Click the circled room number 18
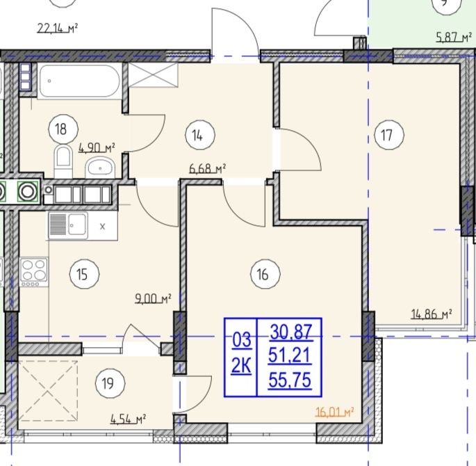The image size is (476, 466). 63,129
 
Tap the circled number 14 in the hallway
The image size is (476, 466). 199,134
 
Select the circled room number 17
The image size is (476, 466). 389,134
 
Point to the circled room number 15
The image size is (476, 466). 84,274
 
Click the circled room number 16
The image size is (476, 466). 265,274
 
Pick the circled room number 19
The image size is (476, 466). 110,383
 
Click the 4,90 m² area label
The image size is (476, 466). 97,148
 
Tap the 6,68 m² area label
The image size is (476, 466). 208,168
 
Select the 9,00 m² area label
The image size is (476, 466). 153,298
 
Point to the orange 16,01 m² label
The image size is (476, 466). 335,412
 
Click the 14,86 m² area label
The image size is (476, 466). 432,314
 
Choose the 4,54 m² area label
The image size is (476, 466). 128,419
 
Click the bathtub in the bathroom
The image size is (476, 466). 80,81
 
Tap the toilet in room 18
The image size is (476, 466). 63,161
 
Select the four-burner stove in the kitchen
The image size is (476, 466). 33,271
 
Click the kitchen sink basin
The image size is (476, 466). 77,225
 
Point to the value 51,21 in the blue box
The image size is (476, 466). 290,355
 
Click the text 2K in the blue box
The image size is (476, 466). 241,366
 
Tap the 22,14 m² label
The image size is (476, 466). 58,29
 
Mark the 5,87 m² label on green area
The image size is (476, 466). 454,38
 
